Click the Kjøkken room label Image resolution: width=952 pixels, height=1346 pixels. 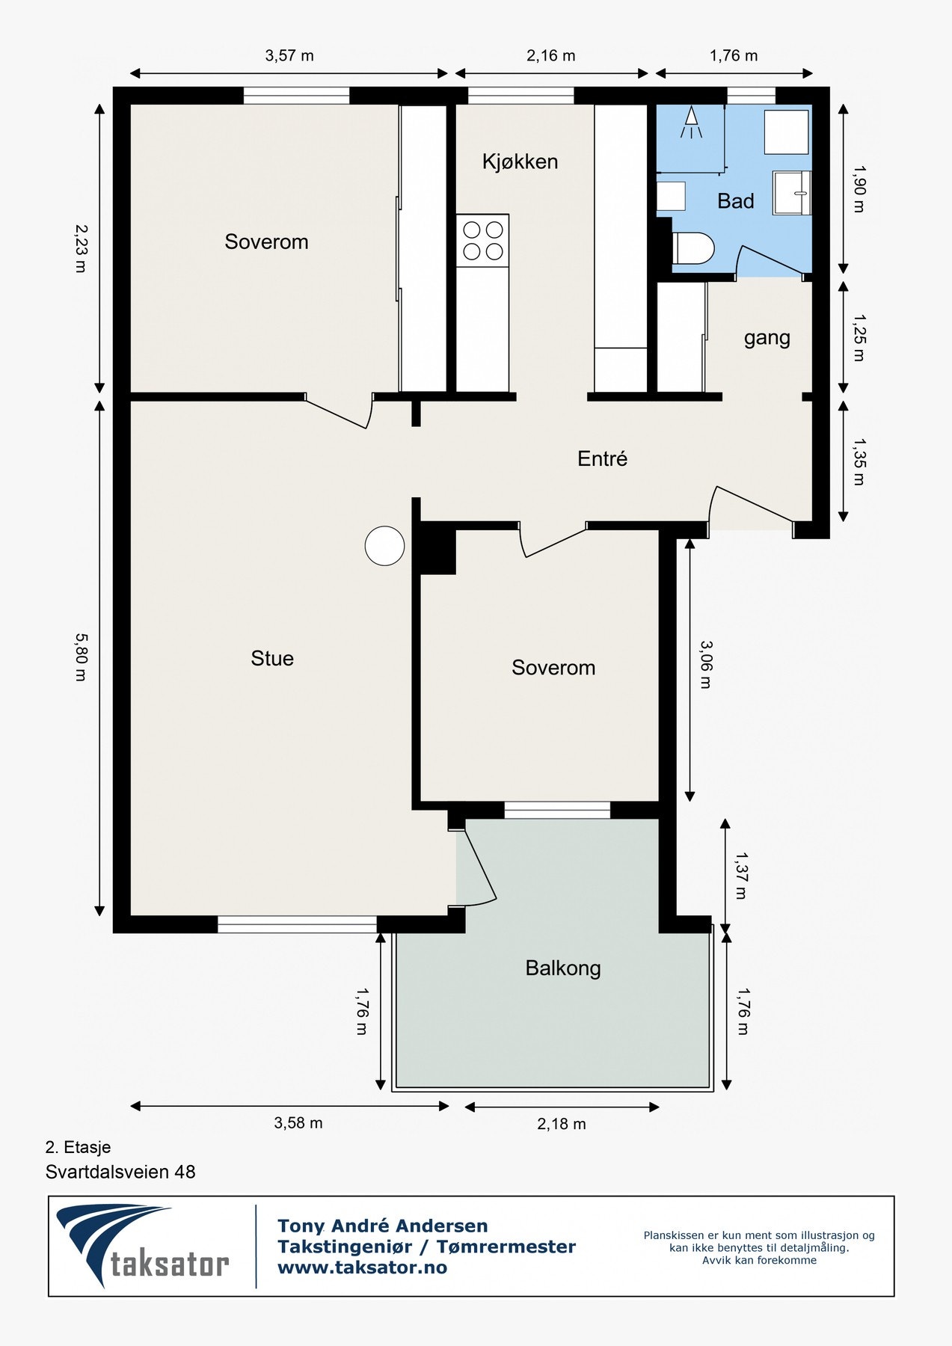(520, 162)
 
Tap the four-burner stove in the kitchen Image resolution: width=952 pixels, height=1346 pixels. (482, 240)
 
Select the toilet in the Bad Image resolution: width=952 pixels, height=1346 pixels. (693, 248)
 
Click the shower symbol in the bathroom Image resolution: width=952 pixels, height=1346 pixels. (692, 123)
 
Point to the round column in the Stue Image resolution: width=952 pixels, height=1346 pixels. (384, 545)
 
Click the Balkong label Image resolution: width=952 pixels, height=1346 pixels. (563, 968)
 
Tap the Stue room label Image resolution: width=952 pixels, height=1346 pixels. (272, 658)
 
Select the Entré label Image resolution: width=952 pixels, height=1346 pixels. (602, 458)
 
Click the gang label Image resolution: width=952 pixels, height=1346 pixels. (767, 338)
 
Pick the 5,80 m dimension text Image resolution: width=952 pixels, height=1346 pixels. (81, 657)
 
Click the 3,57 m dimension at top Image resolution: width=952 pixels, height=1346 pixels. (289, 55)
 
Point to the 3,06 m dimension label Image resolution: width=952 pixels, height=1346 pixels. (706, 664)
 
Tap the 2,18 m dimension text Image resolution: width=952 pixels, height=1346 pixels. (562, 1124)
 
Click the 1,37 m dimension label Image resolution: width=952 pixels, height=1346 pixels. (741, 875)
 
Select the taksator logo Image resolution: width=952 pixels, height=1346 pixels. (143, 1246)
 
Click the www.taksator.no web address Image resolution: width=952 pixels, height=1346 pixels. (362, 1267)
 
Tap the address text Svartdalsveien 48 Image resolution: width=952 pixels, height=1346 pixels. (120, 1172)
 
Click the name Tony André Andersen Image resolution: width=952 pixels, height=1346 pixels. (382, 1226)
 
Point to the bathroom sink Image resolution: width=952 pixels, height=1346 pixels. (792, 193)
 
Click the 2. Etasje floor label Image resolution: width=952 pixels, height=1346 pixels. (78, 1147)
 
